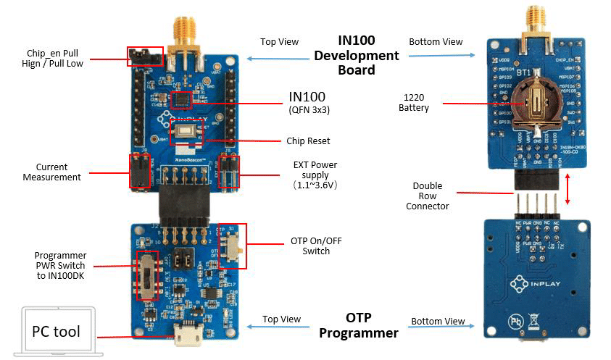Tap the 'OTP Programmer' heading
pos(359,326)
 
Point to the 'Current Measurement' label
pos(51,172)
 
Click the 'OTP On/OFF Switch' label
pos(316,246)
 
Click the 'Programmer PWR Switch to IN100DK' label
pos(61,266)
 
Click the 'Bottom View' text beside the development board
pos(436,41)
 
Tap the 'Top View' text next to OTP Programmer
pos(280,319)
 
